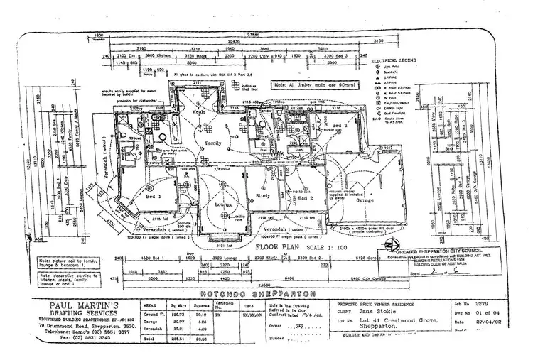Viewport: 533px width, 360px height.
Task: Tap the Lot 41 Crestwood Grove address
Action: [x=384, y=322]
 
